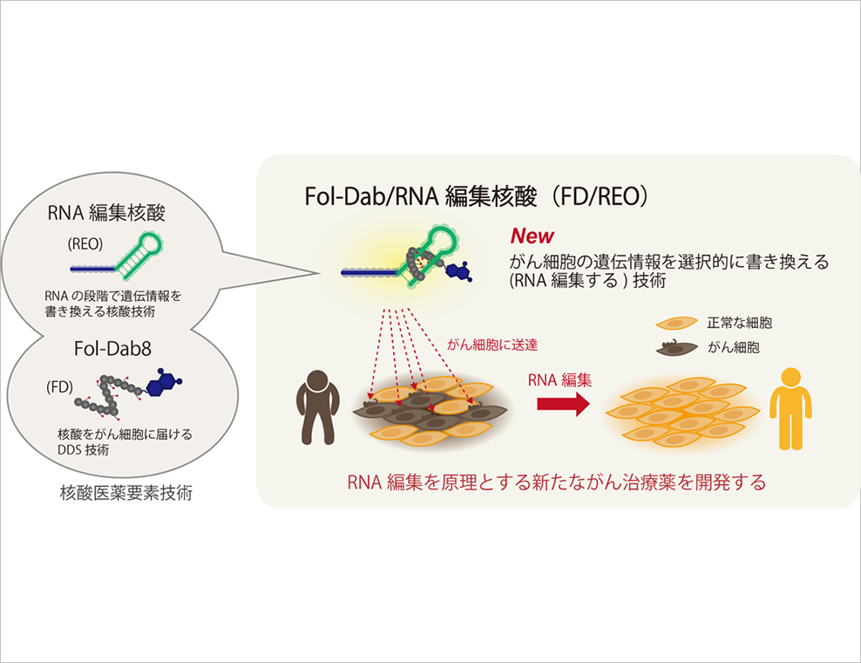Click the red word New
point(532,236)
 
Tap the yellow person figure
point(790,407)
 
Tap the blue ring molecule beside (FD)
point(165,384)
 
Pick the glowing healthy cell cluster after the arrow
point(678,411)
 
